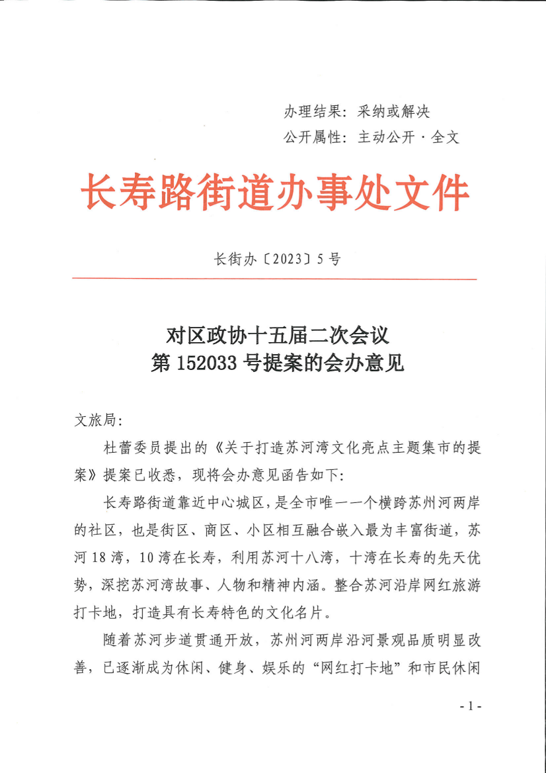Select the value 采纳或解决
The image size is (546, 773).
pyautogui.click(x=393, y=111)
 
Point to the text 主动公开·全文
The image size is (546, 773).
pyautogui.click(x=408, y=138)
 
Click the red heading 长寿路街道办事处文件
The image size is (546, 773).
pyautogui.click(x=274, y=193)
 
